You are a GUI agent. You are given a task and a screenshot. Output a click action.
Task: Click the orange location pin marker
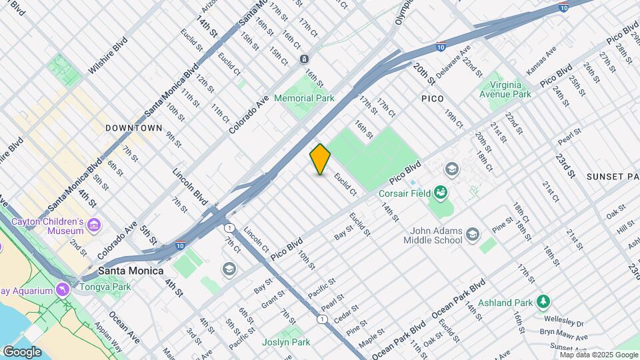pos(320,159)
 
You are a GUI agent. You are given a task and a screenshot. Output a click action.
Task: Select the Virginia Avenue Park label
pos(505,89)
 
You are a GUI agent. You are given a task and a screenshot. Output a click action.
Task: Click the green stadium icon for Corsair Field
pos(440,193)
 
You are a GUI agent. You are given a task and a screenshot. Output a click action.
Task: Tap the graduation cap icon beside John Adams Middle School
pos(473,233)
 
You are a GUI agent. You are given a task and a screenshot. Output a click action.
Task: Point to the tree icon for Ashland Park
pos(544,302)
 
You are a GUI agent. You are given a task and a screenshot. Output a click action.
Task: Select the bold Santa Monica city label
pos(131,271)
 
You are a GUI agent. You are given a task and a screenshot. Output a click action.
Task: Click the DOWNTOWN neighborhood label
pos(133,127)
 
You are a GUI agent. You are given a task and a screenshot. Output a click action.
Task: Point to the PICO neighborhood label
pos(432,99)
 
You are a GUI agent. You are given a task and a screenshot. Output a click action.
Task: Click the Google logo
pos(22,352)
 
